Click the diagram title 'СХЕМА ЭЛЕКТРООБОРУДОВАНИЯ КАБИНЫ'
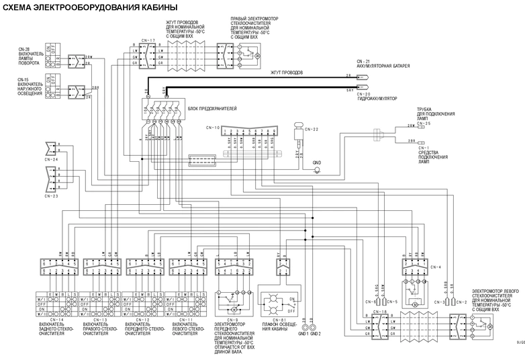click(x=91, y=7)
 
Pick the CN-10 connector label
click(x=213, y=127)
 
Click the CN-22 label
click(x=312, y=129)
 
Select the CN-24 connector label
click(x=52, y=160)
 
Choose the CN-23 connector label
click(x=52, y=197)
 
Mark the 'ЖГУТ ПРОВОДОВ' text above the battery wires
click(x=286, y=72)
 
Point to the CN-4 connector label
click(x=436, y=267)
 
